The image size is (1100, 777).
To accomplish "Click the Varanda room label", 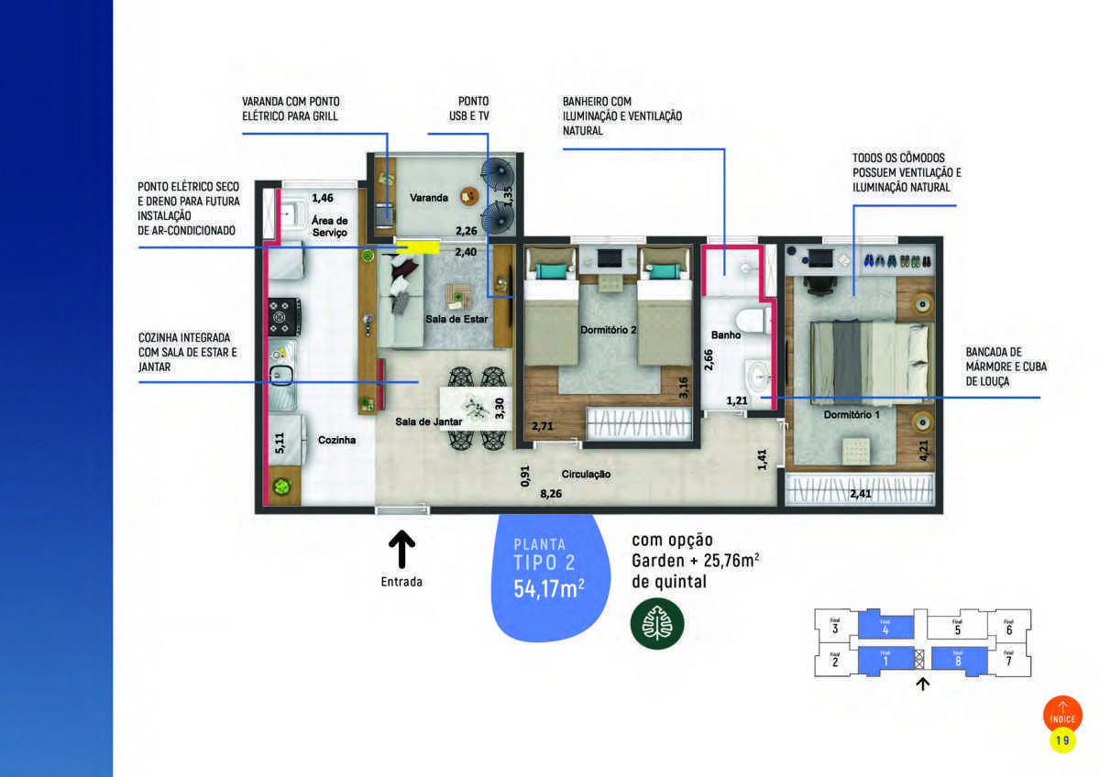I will coord(429,198).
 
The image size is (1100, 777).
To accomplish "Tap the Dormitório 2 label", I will coord(608,330).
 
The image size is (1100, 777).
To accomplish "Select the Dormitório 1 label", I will coord(851,415).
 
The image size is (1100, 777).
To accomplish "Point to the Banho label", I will coord(725,335).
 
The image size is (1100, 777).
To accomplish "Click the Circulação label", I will coord(586,475).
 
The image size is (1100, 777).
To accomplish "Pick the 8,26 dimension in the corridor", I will coord(551,493).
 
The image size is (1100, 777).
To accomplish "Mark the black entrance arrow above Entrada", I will coord(401,551).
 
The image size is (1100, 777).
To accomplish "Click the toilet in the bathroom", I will coord(753,323).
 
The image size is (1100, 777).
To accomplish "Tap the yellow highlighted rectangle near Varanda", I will coord(417,246).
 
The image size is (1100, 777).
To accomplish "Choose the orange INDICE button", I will coord(1062,714).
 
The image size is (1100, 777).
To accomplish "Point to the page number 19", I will coord(1062,739).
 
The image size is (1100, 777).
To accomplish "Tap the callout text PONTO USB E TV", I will coord(468,108).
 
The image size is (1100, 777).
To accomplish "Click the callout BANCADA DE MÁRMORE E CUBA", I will coord(1006,367).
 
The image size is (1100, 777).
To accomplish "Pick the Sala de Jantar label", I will coord(427,421).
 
